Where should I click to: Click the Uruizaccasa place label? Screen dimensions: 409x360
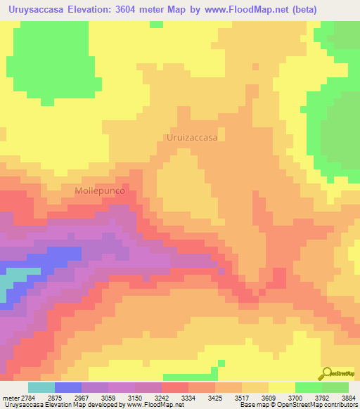click(x=191, y=138)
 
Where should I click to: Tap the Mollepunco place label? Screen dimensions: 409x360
click(x=100, y=190)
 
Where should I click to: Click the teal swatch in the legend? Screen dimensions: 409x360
click(x=41, y=387)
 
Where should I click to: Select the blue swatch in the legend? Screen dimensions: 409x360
click(x=68, y=387)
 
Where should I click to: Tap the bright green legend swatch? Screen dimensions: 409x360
click(x=309, y=387)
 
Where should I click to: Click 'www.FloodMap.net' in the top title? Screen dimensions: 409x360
click(x=233, y=10)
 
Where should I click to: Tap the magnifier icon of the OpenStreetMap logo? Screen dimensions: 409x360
click(x=326, y=373)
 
